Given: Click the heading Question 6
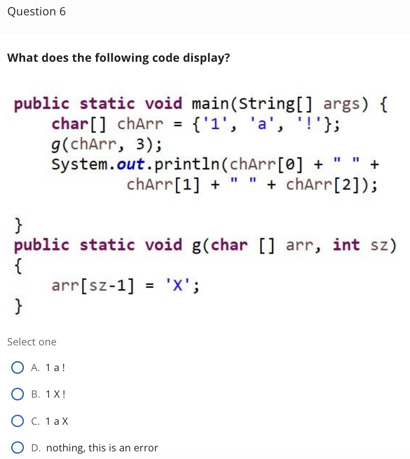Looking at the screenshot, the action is pyautogui.click(x=36, y=12).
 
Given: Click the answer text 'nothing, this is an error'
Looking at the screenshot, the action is pyautogui.click(x=102, y=448).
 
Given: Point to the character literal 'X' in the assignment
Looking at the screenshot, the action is pyautogui.click(x=175, y=285).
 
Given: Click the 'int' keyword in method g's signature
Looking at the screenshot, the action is pyautogui.click(x=346, y=245).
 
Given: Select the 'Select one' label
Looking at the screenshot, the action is pyautogui.click(x=32, y=342).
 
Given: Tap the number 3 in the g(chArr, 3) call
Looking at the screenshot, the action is pyautogui.click(x=140, y=144).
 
